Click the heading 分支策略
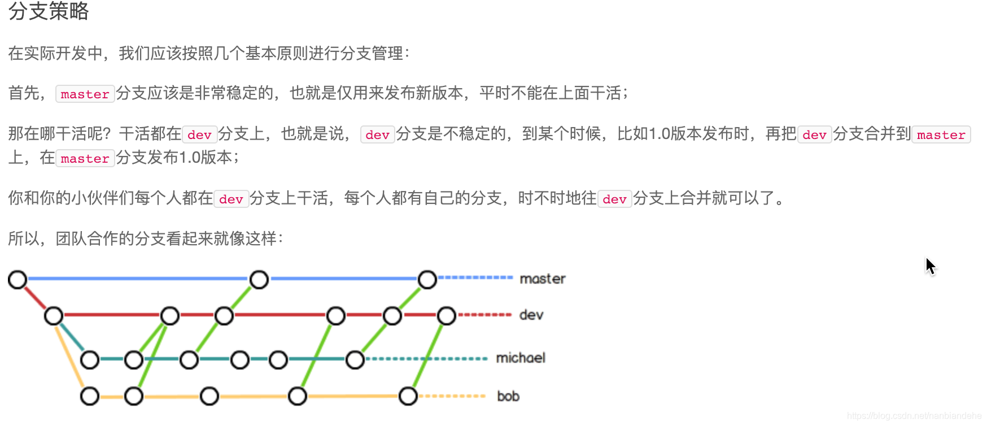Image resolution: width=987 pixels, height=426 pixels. click(49, 11)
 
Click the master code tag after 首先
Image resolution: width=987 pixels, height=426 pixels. click(85, 94)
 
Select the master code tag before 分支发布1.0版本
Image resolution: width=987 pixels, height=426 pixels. click(85, 158)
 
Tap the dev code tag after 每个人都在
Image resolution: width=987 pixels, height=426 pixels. click(231, 199)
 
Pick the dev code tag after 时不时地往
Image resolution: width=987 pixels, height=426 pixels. click(614, 199)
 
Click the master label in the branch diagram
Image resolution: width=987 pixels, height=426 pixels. click(542, 279)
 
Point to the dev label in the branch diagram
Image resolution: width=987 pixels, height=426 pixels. click(531, 315)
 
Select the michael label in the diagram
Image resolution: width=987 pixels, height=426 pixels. click(520, 358)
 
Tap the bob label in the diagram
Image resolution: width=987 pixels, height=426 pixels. click(508, 396)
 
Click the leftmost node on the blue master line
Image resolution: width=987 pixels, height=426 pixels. click(18, 279)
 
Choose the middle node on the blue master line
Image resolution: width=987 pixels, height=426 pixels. click(259, 279)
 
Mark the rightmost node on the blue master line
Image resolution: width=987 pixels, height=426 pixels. click(427, 279)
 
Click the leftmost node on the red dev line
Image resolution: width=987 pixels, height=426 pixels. click(54, 315)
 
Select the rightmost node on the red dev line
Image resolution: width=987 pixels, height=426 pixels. click(446, 315)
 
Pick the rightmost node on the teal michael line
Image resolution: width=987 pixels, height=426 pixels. click(355, 359)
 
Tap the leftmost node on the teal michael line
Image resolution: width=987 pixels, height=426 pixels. click(90, 359)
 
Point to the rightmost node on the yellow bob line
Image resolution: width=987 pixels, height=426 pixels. click(408, 396)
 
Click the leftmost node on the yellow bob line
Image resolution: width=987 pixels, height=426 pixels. click(90, 396)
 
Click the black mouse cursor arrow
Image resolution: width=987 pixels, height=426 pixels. click(930, 266)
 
